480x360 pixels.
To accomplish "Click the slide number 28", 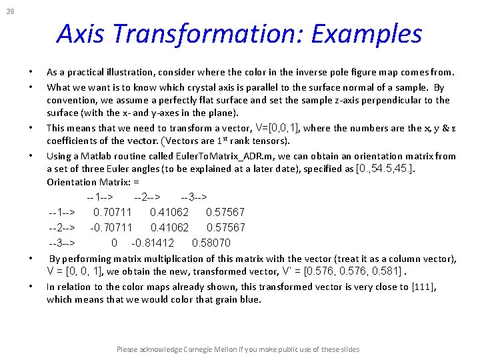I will (x=10, y=11).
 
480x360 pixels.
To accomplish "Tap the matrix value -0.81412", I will (x=153, y=243).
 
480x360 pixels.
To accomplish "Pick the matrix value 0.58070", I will (x=211, y=243).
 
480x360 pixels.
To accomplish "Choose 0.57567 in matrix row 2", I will (x=226, y=227).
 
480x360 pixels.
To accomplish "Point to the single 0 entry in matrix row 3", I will (x=114, y=243).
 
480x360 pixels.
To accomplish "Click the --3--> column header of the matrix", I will (x=193, y=197).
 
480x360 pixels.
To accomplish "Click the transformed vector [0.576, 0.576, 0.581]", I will (x=353, y=271).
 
